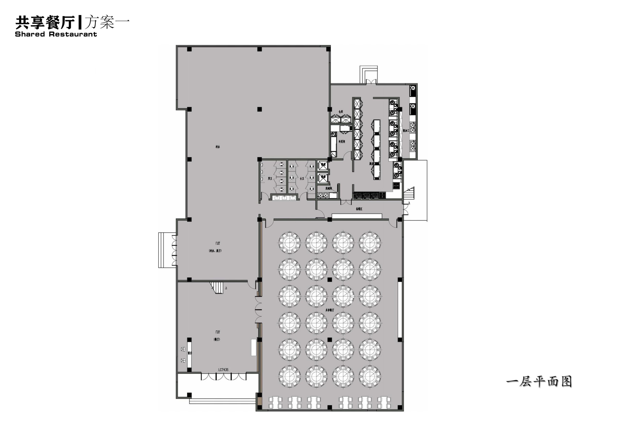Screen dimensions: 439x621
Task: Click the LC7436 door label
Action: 223,369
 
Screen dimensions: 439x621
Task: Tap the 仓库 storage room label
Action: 341,111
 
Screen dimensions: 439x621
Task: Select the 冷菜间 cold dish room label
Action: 342,141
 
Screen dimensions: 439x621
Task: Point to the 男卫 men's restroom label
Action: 270,179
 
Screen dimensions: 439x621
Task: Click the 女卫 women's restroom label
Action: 302,179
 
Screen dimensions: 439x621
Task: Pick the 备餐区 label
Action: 359,209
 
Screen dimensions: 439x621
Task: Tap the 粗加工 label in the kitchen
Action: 405,130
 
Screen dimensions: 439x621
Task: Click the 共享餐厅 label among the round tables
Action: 329,310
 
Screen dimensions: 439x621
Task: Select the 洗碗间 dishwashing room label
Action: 329,188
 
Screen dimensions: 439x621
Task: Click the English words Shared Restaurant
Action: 56,34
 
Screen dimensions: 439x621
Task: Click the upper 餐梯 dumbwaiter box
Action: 323,165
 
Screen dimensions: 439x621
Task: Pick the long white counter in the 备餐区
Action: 357,216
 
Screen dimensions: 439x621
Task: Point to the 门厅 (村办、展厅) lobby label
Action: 216,247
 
